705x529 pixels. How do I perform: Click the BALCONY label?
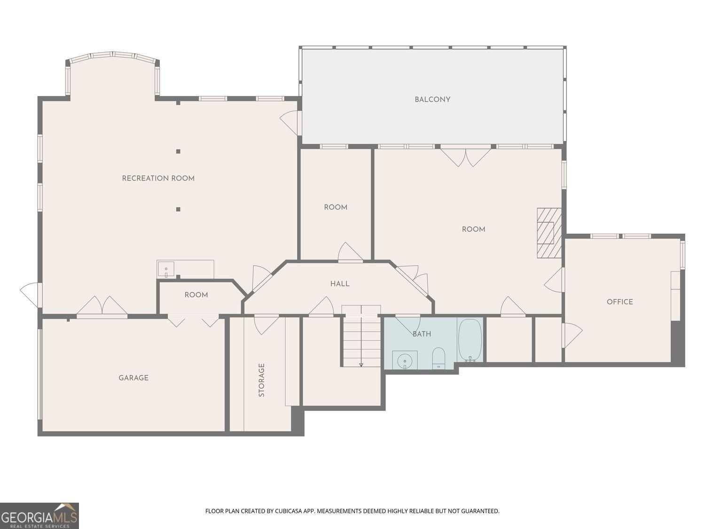[x=432, y=100]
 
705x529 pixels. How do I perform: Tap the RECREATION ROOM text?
[x=158, y=178]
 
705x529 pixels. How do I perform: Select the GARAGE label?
[x=133, y=378]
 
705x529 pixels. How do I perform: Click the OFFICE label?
[x=619, y=302]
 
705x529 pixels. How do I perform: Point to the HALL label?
[x=339, y=284]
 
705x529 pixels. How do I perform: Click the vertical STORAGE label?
[x=261, y=380]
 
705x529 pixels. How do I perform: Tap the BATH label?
[x=422, y=334]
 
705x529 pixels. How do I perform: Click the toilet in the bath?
[x=439, y=358]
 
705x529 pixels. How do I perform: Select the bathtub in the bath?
[x=470, y=340]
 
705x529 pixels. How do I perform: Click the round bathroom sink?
[x=405, y=361]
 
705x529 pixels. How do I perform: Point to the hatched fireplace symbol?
[x=549, y=233]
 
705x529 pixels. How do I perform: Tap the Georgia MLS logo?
[x=39, y=516]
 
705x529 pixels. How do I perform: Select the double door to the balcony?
[x=465, y=156]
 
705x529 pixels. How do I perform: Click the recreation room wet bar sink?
[x=165, y=269]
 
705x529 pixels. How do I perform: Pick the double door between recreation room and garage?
[x=102, y=307]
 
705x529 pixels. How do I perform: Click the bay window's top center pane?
[x=113, y=55]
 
